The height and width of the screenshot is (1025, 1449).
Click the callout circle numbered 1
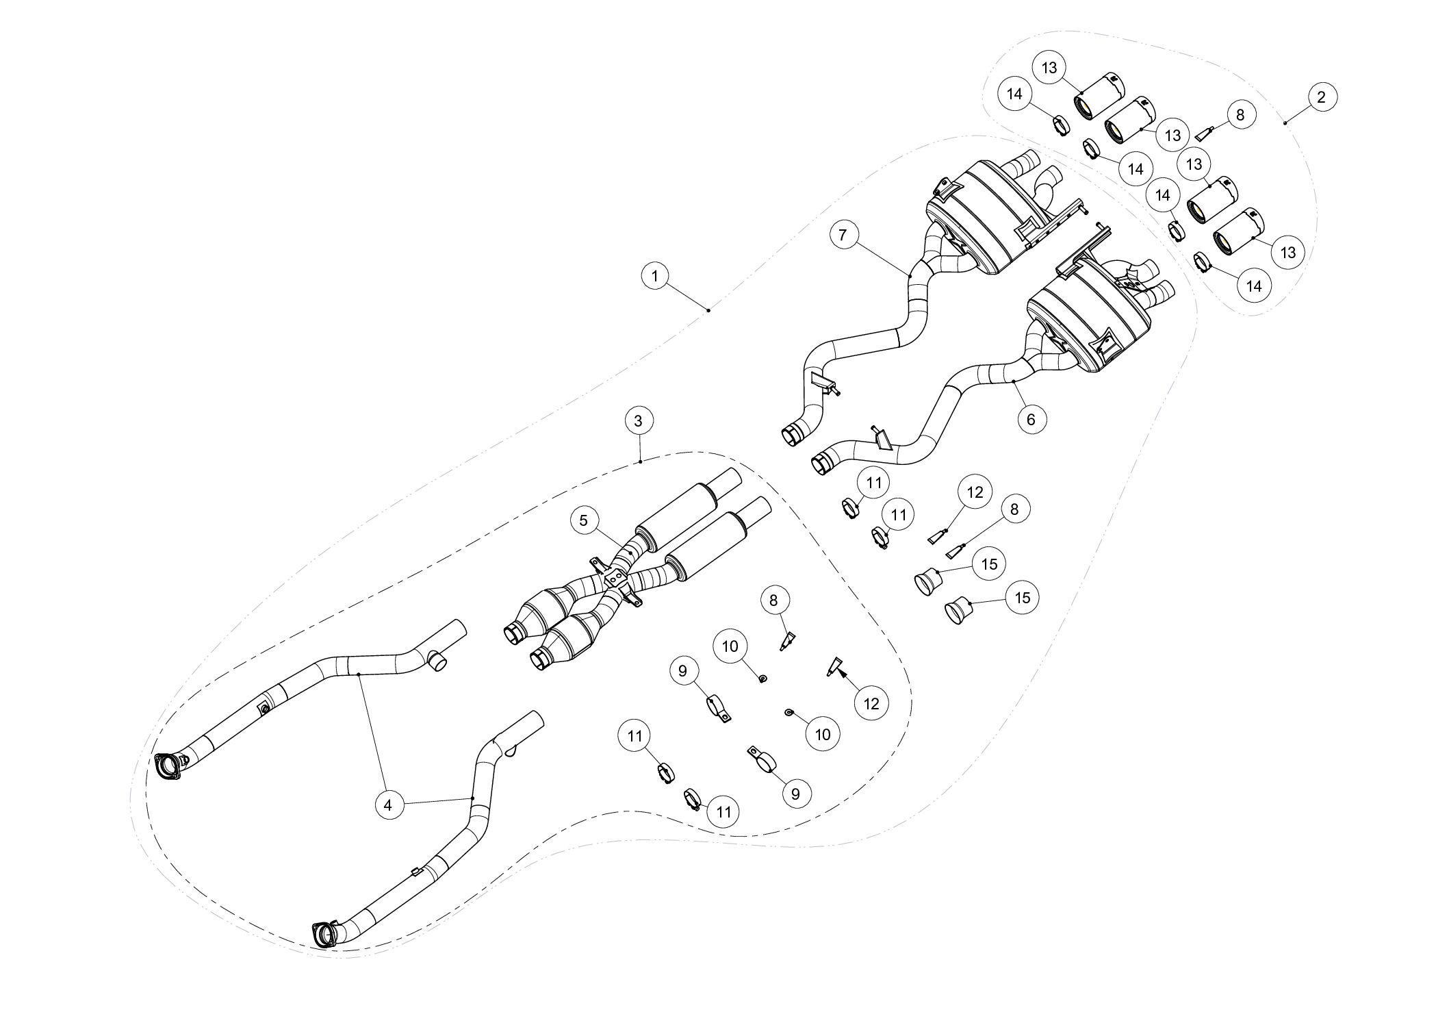(656, 276)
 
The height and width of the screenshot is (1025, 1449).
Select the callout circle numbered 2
(1321, 97)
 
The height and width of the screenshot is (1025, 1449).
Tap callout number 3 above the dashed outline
(639, 421)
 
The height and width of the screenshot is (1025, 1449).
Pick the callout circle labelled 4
(387, 806)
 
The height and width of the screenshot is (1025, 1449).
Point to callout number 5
(583, 520)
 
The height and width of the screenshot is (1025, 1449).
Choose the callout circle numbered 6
(1031, 418)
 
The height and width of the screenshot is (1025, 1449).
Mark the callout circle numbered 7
(843, 235)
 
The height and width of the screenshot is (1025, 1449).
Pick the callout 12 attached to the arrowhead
(871, 703)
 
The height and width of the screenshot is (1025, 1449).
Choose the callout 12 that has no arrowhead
(975, 492)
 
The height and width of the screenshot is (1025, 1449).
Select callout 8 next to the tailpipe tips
(1241, 115)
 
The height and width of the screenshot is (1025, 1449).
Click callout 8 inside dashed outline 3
(773, 600)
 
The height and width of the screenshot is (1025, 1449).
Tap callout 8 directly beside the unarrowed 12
(1014, 509)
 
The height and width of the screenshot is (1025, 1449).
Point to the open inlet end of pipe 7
(792, 435)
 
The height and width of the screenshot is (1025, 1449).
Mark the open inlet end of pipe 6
(821, 464)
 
